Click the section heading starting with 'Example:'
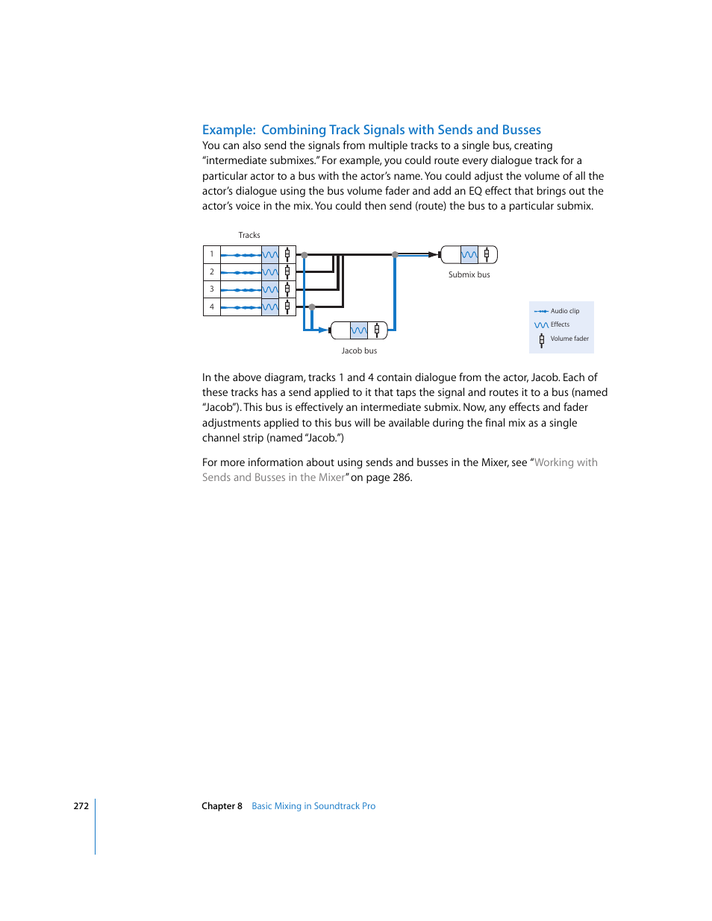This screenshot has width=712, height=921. point(371,130)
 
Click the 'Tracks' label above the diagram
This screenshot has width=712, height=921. point(249,235)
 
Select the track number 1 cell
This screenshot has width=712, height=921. point(212,254)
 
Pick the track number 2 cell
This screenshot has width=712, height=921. point(212,272)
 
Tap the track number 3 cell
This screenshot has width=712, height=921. point(212,289)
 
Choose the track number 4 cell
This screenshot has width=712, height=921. point(212,307)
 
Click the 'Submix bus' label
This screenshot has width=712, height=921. point(469,274)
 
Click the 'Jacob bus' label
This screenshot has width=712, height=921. point(359,351)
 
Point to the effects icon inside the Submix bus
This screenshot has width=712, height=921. point(469,255)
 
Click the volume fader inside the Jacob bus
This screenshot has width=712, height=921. point(377,330)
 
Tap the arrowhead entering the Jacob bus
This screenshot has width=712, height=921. point(325,330)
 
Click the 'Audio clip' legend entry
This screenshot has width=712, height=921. point(564,311)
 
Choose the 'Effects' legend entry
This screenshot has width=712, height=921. point(560,324)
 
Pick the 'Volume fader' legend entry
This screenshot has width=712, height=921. point(569,339)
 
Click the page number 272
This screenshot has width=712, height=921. point(81,806)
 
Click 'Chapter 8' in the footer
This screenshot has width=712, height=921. point(222,806)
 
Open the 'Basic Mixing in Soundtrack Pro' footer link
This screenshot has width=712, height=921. point(313,806)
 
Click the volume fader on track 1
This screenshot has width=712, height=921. point(287,254)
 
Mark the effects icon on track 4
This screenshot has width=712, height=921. point(270,307)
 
